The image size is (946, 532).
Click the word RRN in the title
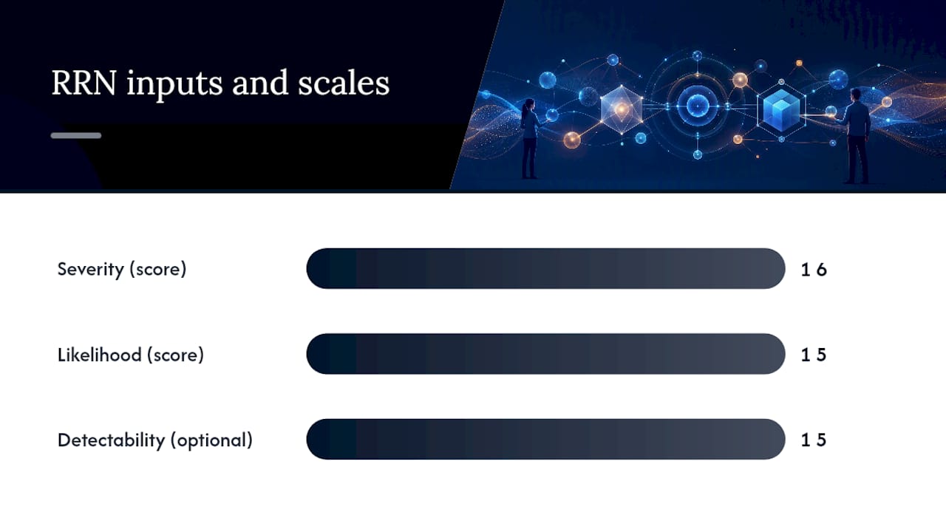(84, 83)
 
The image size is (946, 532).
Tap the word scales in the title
(344, 83)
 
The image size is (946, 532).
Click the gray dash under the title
(76, 135)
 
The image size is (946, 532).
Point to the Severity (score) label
(122, 269)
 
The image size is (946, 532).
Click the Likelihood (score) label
(131, 355)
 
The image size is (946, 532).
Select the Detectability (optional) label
(155, 440)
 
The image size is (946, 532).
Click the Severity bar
(545, 268)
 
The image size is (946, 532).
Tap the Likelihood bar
(545, 354)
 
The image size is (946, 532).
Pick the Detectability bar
(545, 439)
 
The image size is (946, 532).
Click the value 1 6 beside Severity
(814, 270)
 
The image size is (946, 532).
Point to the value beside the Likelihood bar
(814, 355)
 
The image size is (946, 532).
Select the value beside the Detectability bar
(814, 440)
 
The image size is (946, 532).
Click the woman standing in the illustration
(530, 138)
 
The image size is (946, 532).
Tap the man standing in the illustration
(857, 135)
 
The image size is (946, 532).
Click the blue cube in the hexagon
(781, 109)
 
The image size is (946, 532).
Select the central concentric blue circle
(697, 105)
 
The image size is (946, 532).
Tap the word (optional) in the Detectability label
(211, 440)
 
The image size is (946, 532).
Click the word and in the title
(260, 83)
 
